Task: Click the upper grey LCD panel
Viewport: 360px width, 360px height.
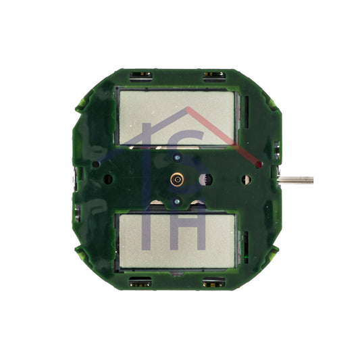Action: pyautogui.click(x=177, y=118)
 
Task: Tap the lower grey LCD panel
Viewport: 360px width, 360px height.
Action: pyautogui.click(x=177, y=241)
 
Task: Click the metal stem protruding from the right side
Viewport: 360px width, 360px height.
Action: pyautogui.click(x=296, y=180)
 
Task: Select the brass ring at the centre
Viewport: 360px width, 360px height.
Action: pyautogui.click(x=177, y=179)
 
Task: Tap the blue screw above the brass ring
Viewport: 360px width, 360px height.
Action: pyautogui.click(x=177, y=158)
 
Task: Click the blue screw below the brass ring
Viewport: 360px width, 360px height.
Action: pyautogui.click(x=177, y=201)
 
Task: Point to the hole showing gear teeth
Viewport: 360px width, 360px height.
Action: pyautogui.click(x=205, y=179)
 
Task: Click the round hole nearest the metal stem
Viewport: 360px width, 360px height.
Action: pyautogui.click(x=246, y=180)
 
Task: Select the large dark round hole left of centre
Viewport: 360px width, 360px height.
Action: pyautogui.click(x=108, y=179)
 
